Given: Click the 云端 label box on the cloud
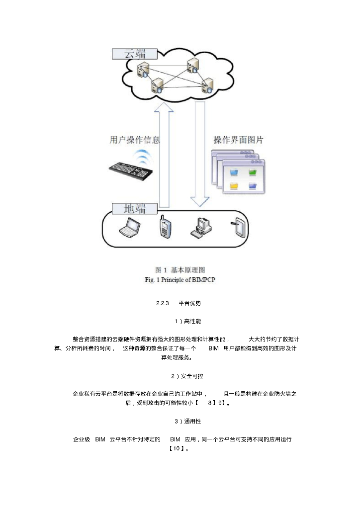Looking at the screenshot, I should pos(134,54).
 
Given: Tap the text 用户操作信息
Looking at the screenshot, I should pos(134,140).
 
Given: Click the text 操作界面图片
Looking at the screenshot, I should pos(238,140).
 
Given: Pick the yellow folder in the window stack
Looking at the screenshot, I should pos(234,186).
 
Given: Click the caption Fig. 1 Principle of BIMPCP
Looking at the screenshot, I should pos(180,279).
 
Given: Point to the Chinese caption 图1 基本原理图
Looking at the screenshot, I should pos(180,270).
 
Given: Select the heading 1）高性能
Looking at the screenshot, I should pos(180,322).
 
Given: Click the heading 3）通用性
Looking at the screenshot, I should pos(180,421).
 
